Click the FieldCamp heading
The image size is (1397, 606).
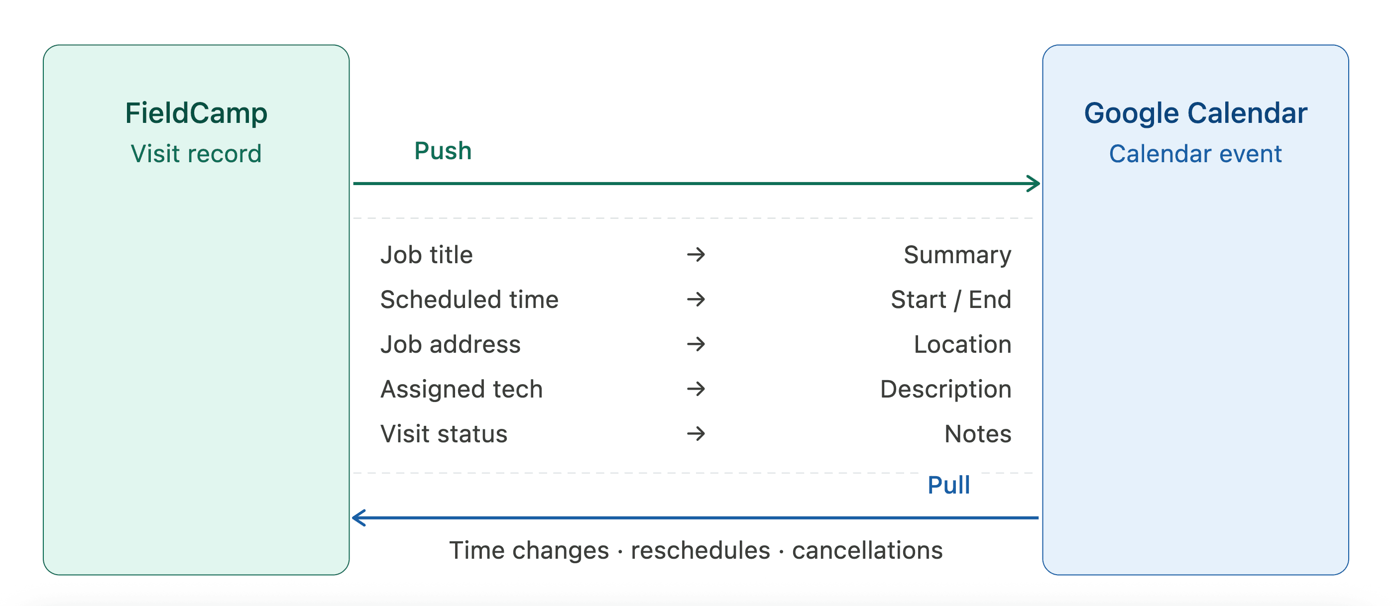[x=196, y=113]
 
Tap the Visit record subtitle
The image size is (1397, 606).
[x=196, y=154]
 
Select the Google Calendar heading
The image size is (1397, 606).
[x=1195, y=113]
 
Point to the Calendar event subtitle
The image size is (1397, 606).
[x=1195, y=154]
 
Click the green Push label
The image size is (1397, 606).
[x=443, y=151]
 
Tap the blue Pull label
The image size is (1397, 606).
[x=948, y=485]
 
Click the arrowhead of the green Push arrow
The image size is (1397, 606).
[x=1034, y=184]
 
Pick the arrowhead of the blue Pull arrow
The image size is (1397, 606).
[x=359, y=517]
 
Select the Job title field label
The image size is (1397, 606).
[x=426, y=255]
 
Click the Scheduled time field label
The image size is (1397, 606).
[x=469, y=300]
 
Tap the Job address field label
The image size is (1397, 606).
[x=450, y=345]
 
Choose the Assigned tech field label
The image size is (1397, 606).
[x=462, y=389]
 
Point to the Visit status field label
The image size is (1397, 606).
[x=444, y=434]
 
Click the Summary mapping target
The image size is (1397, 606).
[x=957, y=255]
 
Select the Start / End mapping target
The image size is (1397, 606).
[x=951, y=300]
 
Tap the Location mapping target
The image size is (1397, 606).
[x=962, y=345]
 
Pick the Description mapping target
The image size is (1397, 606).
[x=945, y=389]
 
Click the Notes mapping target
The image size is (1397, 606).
[x=978, y=434]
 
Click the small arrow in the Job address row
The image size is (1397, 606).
[x=696, y=344]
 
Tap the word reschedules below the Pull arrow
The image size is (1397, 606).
[x=700, y=551]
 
